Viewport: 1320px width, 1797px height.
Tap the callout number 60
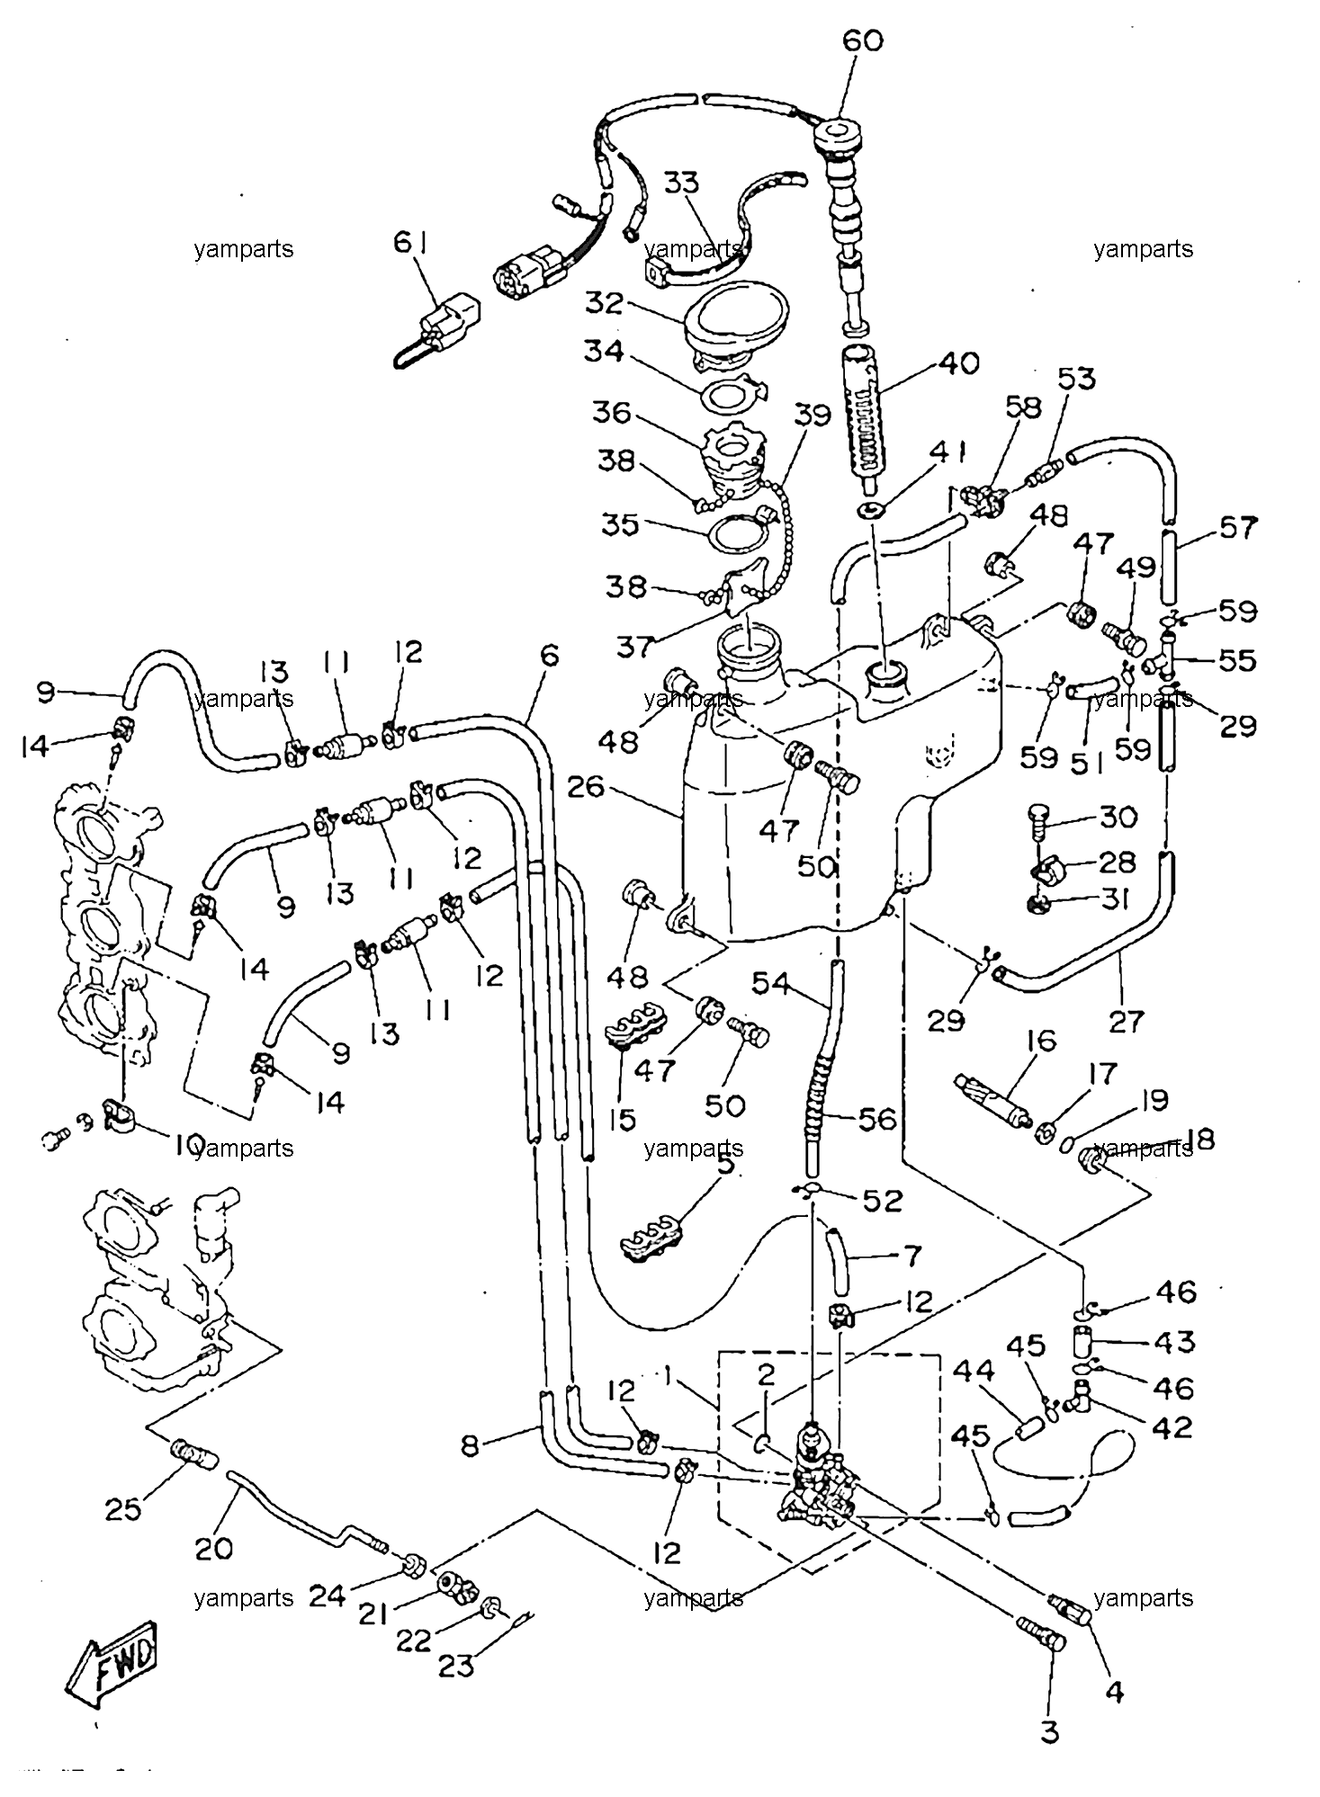click(863, 40)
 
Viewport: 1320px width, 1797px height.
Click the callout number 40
click(958, 363)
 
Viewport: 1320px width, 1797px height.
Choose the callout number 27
click(1126, 1021)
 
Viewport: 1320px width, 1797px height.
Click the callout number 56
click(876, 1119)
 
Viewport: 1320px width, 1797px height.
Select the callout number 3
click(1050, 1731)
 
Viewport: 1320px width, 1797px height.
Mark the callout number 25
click(123, 1508)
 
